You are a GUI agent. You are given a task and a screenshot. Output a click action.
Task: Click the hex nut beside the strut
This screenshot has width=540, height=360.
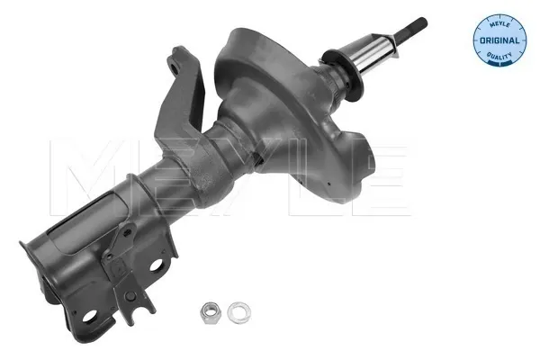coord(210,312)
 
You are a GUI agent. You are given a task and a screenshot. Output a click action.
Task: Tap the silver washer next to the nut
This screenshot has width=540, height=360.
coord(239,312)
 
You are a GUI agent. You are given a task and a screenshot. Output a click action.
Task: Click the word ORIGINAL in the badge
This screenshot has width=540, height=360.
coord(499,40)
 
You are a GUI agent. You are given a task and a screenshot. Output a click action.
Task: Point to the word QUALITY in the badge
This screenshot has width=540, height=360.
coord(499,55)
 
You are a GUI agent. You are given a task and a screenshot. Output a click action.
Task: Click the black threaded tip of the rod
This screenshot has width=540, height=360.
coord(412,27)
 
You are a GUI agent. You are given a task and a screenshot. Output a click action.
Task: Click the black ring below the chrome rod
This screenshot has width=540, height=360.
coord(345,75)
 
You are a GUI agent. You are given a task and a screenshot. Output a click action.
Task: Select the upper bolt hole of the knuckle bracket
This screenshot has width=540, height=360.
coord(156,265)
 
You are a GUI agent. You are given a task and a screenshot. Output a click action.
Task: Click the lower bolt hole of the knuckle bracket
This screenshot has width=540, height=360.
coord(89,316)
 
